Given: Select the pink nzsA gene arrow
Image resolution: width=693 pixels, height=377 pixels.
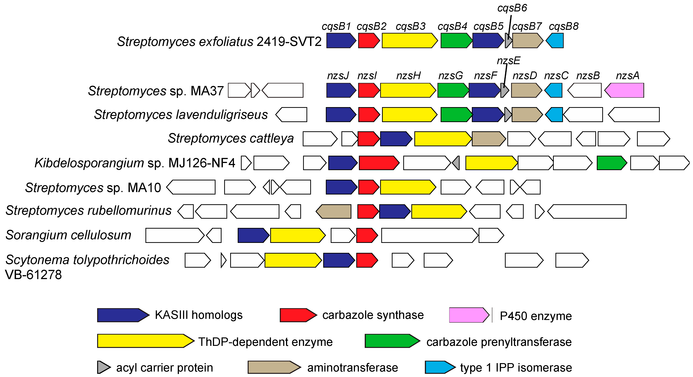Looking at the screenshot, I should coord(624,90).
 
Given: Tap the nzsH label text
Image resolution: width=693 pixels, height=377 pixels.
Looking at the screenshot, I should coord(408,76).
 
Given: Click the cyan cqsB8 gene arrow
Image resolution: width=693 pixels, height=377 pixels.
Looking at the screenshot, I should coord(555,41).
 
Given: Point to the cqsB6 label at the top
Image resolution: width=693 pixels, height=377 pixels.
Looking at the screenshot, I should coord(512,8).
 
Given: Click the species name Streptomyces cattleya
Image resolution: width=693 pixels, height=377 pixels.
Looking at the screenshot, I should coord(231,138).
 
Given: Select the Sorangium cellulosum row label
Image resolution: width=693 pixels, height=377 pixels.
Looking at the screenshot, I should coord(68,235).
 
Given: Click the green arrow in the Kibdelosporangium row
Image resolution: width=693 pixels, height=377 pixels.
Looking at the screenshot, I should coord(611,163).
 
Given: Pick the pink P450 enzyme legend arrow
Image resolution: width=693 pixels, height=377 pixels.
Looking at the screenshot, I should coord(469,315).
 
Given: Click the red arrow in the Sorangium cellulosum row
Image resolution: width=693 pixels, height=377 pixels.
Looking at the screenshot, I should coord(367,235).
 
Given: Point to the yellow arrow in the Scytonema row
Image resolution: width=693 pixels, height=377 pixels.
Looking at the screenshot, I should coord(293,260).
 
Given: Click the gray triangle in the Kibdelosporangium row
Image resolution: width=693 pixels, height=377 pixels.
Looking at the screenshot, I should coord(456,163).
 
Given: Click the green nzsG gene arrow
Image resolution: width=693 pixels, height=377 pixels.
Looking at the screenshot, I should coord(453,90).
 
